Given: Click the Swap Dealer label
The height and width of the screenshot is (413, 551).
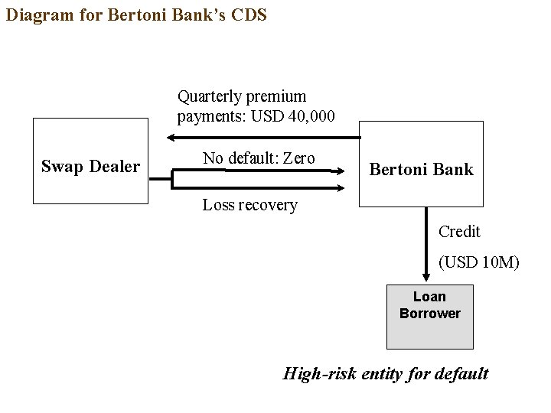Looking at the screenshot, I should (90, 167).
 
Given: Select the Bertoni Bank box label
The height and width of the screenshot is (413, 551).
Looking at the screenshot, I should (421, 170).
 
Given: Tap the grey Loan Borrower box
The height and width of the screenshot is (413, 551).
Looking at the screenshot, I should (429, 316).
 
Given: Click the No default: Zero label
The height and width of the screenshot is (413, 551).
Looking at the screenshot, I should (259, 158).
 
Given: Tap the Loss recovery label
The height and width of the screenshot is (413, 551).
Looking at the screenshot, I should (249, 205).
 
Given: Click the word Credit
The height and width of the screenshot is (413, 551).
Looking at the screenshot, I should (459, 232).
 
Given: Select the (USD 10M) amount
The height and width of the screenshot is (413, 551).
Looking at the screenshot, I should (478, 262).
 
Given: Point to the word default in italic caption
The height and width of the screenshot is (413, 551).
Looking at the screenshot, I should (461, 374).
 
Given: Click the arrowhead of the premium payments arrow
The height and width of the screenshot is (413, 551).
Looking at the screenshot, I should (172, 138).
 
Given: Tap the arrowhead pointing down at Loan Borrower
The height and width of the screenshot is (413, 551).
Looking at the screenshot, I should (426, 277).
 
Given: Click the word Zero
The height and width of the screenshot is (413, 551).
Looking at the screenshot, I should (298, 158).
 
